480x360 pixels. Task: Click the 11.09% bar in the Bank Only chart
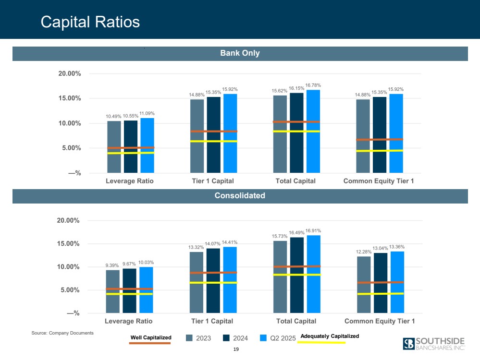pyautogui.click(x=147, y=144)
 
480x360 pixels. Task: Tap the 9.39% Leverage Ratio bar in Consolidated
pyautogui.click(x=113, y=291)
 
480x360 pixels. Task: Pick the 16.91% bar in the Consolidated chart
pyautogui.click(x=314, y=274)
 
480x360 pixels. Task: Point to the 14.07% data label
pyautogui.click(x=213, y=244)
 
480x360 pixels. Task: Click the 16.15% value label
pyautogui.click(x=296, y=89)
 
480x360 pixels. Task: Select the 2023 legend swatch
pyautogui.click(x=190, y=338)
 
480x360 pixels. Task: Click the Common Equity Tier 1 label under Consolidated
pyautogui.click(x=380, y=321)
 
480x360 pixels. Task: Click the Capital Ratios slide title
pyautogui.click(x=90, y=22)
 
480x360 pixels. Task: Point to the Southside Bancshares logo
pyautogui.click(x=434, y=344)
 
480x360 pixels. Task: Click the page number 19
pyautogui.click(x=235, y=349)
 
